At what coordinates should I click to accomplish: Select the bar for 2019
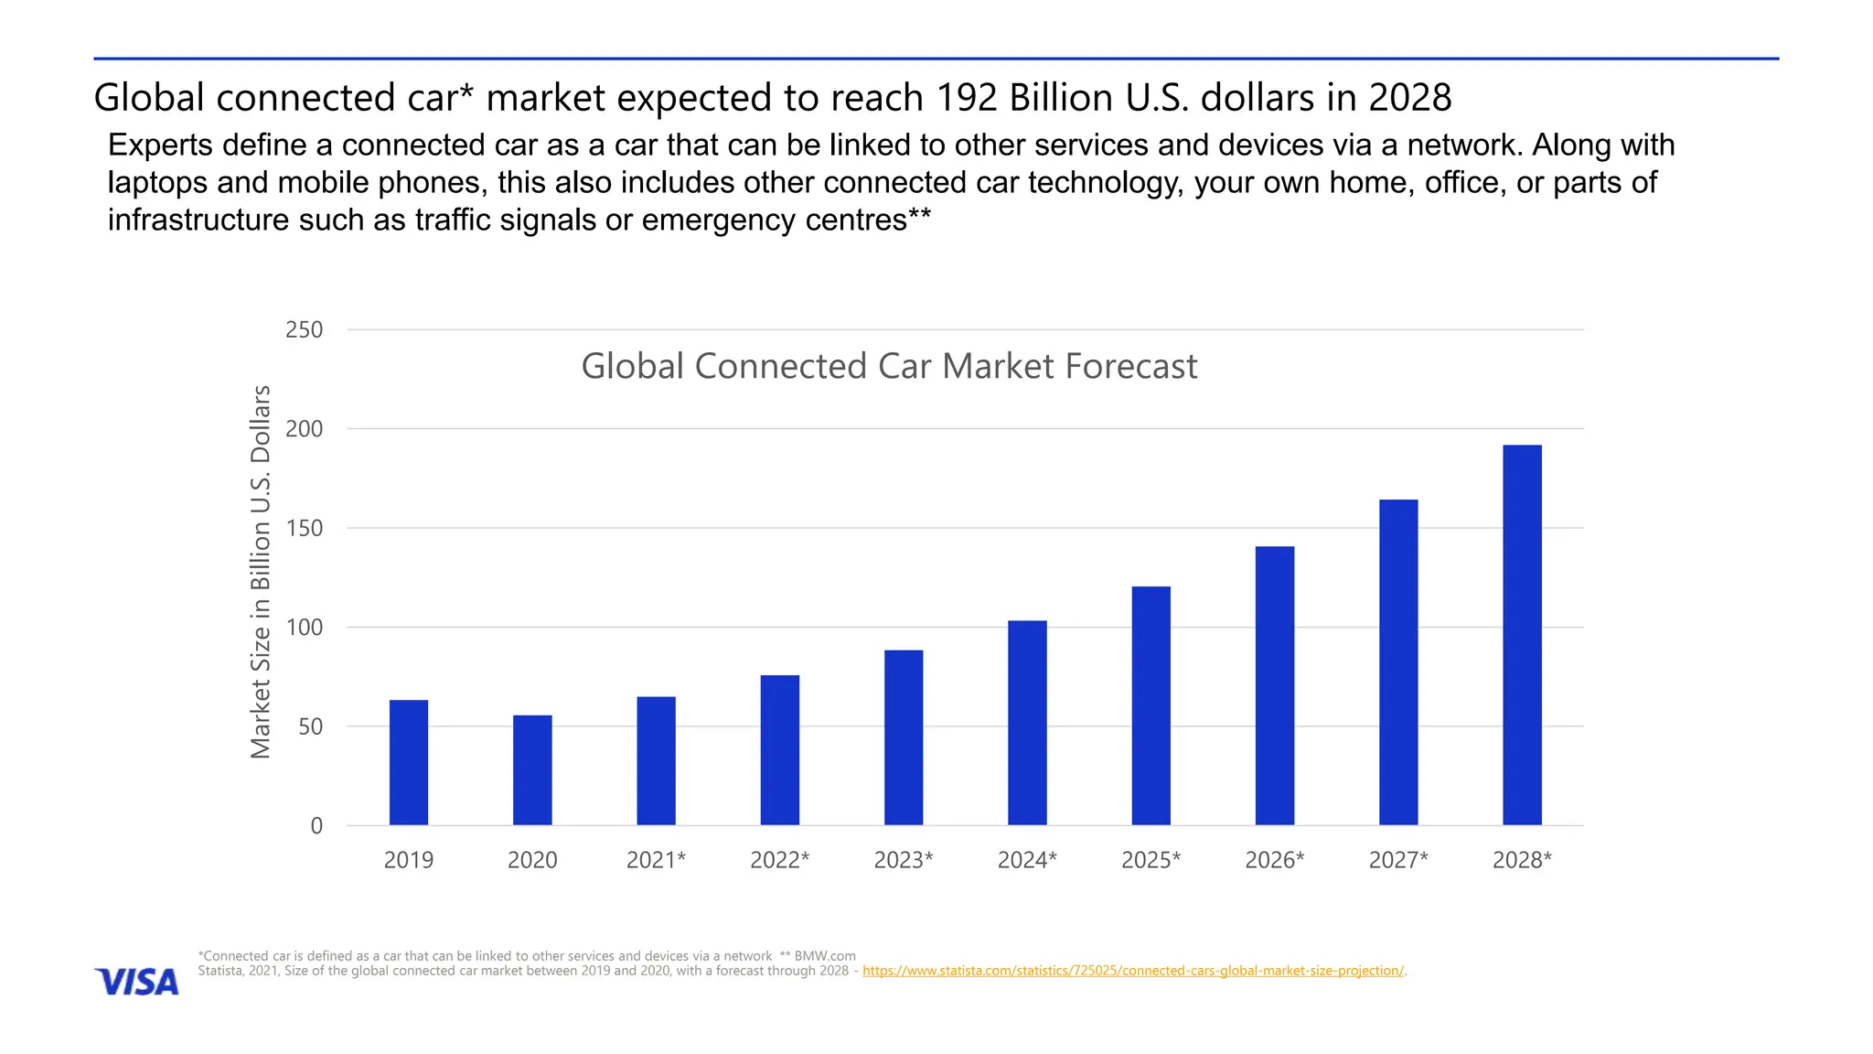[408, 763]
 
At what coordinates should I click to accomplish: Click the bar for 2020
[532, 770]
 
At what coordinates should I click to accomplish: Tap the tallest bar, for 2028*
[1522, 635]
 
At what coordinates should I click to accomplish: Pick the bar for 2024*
[1027, 723]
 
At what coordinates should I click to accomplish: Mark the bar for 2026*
[1274, 686]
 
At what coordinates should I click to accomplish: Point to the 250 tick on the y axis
[305, 330]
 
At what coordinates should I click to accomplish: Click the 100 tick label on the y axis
[305, 628]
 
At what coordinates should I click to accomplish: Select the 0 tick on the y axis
[316, 826]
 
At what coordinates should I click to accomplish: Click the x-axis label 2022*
[779, 860]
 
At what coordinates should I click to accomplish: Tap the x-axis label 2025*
[1151, 860]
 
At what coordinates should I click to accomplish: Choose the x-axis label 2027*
[1397, 860]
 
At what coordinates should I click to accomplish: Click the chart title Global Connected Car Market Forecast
[889, 367]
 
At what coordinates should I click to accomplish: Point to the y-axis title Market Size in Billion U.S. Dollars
[261, 572]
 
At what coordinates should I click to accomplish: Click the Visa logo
[137, 982]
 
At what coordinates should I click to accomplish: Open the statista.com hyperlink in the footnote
[1132, 971]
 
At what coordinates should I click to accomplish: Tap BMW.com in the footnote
[825, 956]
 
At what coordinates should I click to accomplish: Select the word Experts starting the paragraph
[160, 145]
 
